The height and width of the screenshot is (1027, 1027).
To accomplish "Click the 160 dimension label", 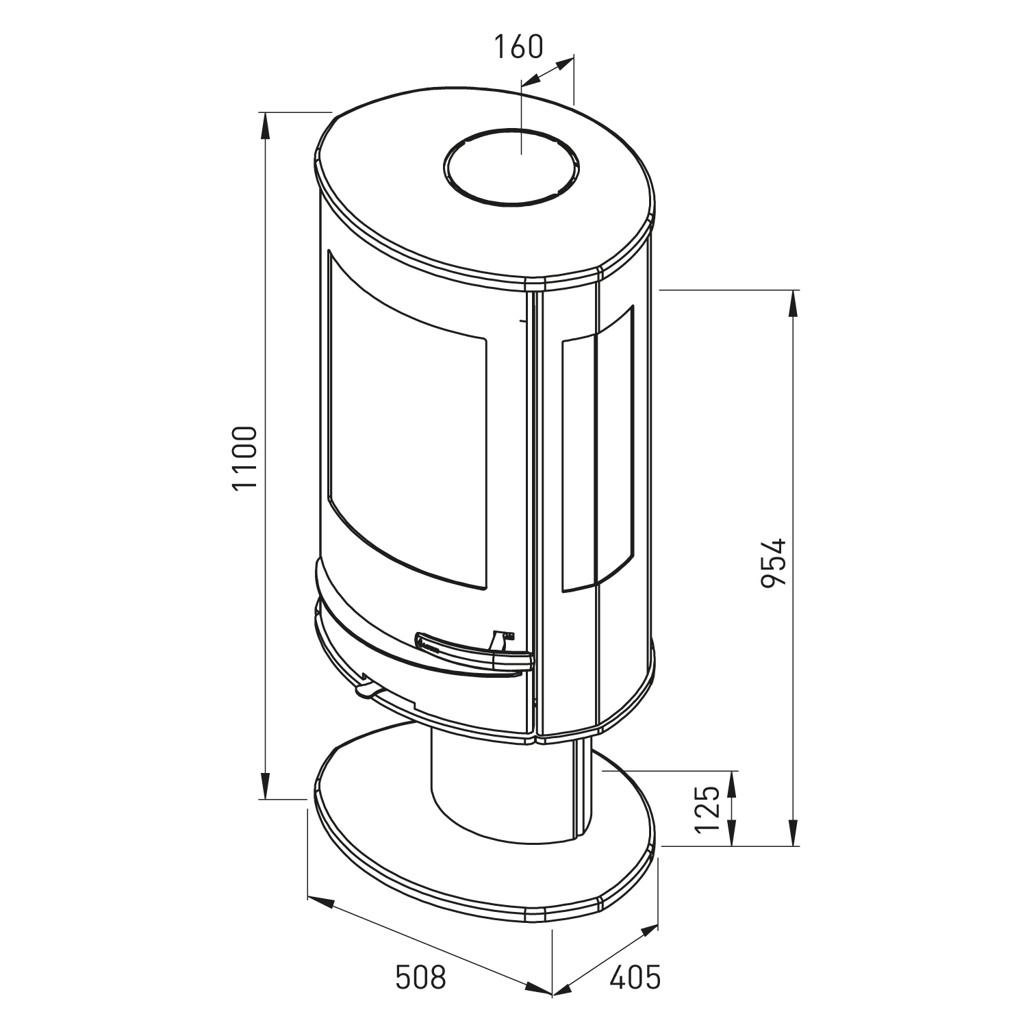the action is point(518,47).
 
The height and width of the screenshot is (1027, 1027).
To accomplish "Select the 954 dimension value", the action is point(774,563).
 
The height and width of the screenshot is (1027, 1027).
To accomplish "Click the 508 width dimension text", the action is point(420,977).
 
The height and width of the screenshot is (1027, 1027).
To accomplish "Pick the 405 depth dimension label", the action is point(635,977).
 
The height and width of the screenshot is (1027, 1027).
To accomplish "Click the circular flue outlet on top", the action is point(511,166).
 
